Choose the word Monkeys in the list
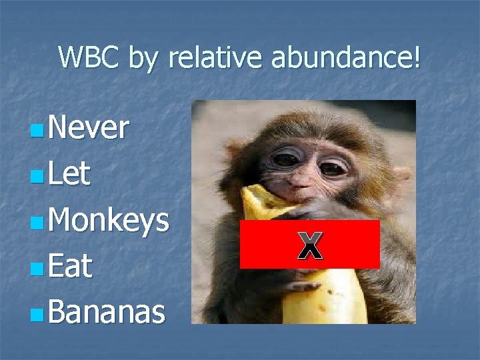[x=107, y=221]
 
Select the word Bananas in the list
[x=106, y=312]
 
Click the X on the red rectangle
[x=309, y=245]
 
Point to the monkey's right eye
[x=333, y=167]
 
